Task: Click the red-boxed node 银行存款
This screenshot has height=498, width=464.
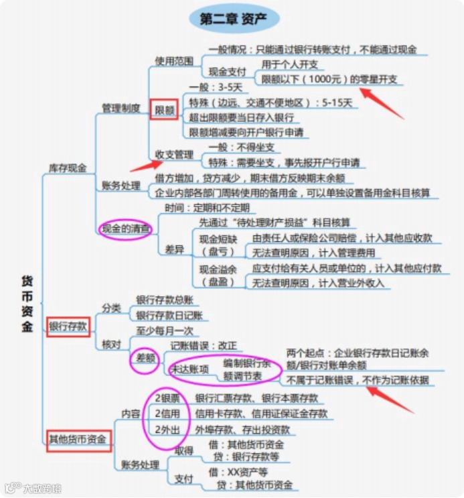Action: tap(68, 326)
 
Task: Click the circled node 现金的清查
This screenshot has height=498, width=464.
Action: tap(126, 229)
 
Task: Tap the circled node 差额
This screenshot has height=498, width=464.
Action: tap(145, 358)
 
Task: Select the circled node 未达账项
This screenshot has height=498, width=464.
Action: tap(191, 369)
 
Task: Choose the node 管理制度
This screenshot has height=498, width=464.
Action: tap(121, 107)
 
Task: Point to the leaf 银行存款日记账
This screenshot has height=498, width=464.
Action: tap(169, 315)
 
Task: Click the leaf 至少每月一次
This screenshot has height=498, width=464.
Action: tap(165, 330)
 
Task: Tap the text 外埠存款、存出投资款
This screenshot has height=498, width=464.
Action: tap(242, 429)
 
